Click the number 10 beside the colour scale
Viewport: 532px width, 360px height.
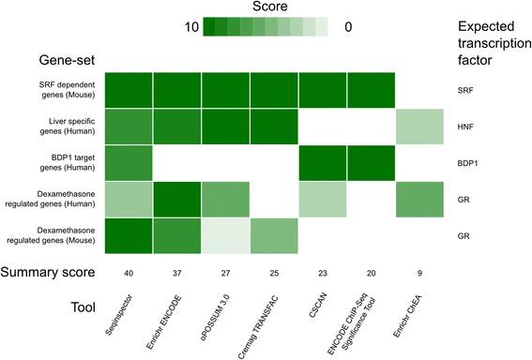(x=185, y=27)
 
